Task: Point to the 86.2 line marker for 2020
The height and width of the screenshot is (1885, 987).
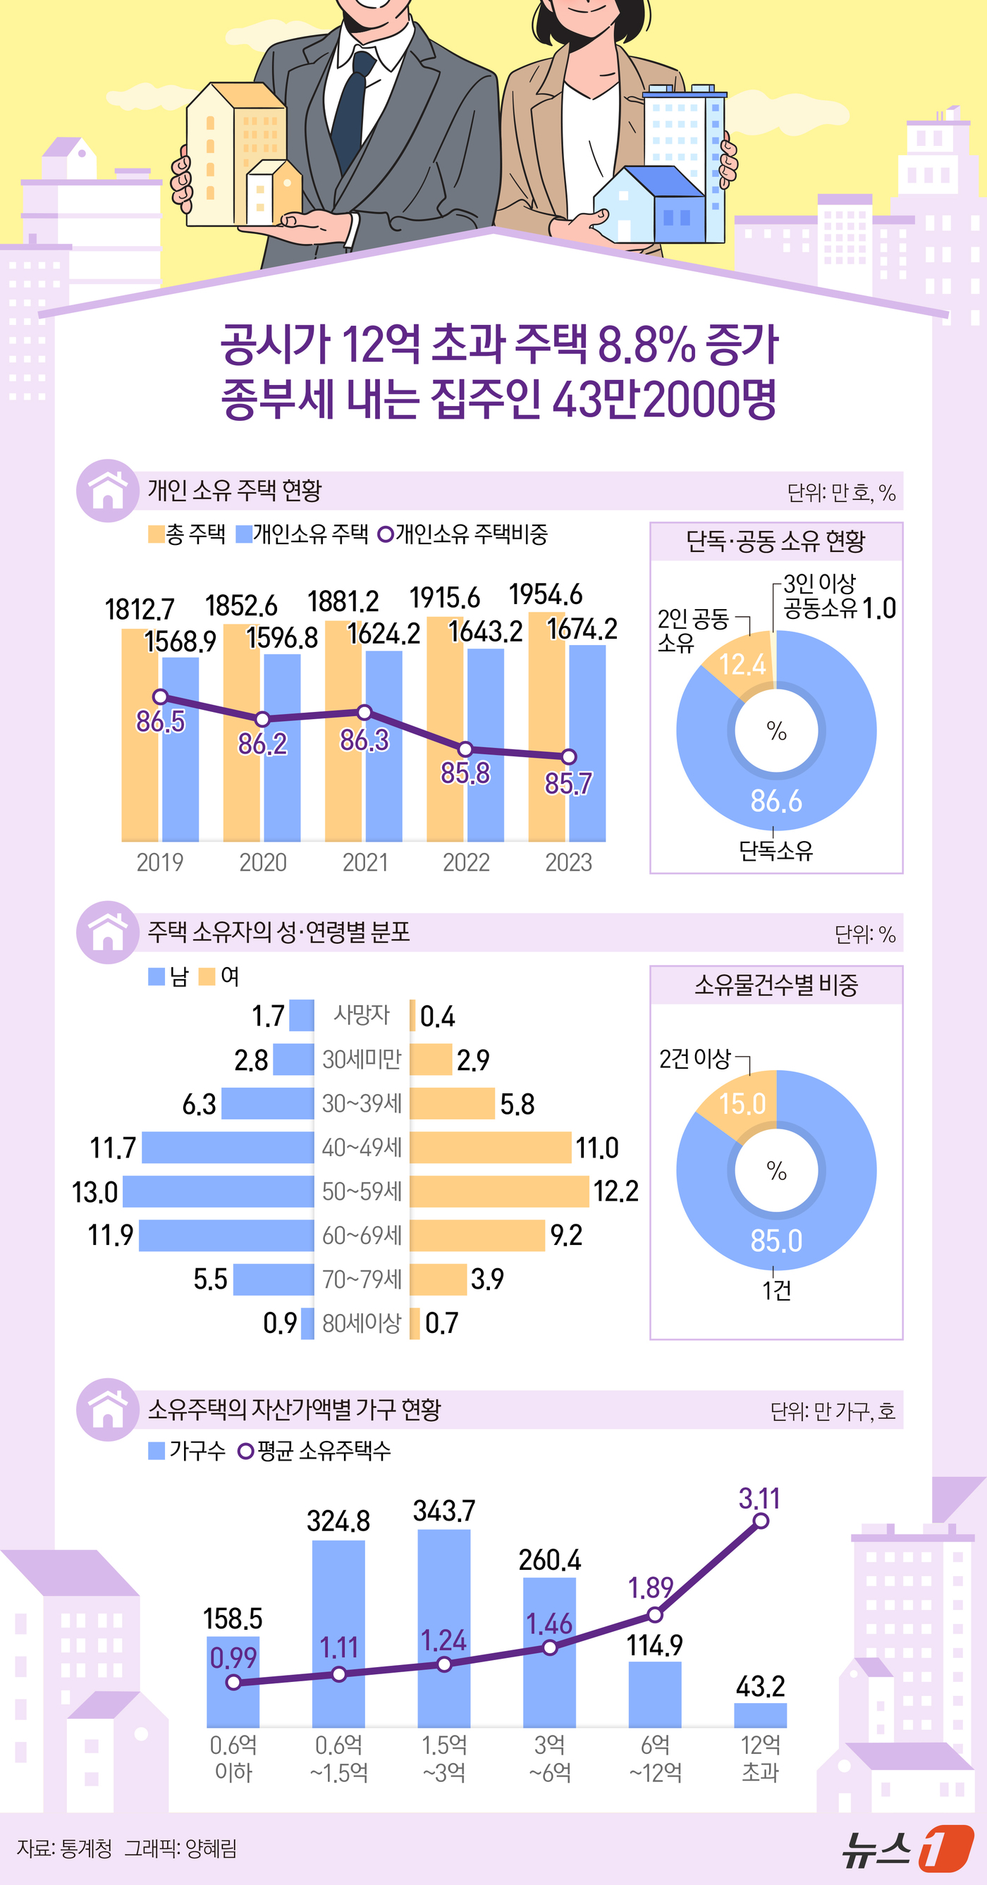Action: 263,719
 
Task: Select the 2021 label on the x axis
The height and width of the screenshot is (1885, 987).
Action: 365,862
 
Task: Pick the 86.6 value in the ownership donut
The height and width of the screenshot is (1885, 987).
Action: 775,802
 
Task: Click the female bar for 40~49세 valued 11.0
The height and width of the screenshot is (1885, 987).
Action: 490,1148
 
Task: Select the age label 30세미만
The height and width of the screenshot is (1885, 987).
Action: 362,1059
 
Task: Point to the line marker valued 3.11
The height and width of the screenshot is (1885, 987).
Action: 760,1521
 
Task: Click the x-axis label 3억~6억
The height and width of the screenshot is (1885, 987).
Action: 549,1758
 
